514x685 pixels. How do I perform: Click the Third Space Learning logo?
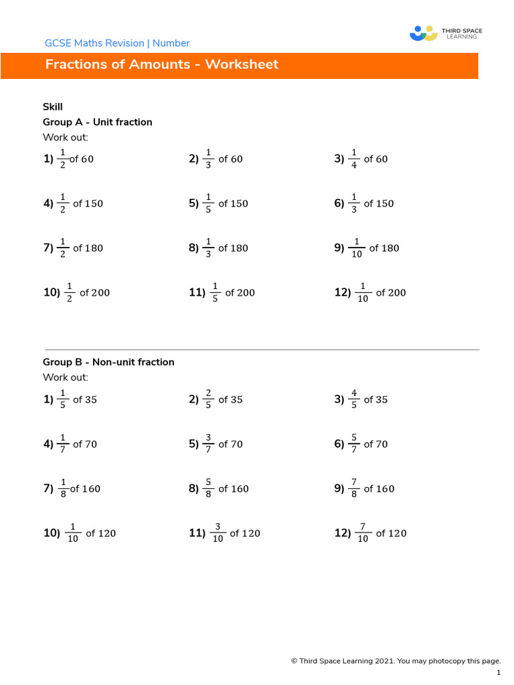(445, 33)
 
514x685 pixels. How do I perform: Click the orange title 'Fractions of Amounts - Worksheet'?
(161, 65)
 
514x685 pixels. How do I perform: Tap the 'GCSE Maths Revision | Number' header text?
(117, 43)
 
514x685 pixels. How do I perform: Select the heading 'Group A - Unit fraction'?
(98, 122)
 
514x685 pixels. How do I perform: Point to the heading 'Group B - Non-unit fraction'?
(108, 362)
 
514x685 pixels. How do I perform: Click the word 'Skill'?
(53, 106)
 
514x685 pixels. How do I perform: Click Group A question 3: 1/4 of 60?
(361, 159)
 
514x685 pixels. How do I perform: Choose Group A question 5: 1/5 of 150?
(218, 203)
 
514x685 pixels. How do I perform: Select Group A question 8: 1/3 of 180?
(218, 248)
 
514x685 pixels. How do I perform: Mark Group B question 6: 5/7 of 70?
(361, 444)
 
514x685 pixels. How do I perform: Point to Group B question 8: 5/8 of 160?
(218, 489)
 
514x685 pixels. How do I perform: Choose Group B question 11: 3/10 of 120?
(224, 533)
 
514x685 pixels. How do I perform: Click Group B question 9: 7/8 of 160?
(365, 489)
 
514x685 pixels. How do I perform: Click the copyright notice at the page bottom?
(396, 661)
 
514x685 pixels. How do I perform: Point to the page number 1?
(499, 673)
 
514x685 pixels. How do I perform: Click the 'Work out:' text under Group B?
(66, 377)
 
